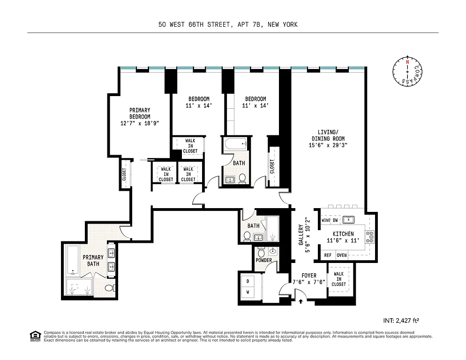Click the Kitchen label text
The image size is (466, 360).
point(343,234)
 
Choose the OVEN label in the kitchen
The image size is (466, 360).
point(342,255)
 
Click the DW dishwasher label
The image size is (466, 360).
point(336,220)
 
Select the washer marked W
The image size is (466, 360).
point(248,292)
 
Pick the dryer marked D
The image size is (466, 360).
point(248,281)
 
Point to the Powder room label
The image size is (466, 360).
point(264,261)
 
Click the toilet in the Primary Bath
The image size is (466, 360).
point(109,288)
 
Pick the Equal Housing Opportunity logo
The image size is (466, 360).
point(34,336)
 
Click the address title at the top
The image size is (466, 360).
point(228,24)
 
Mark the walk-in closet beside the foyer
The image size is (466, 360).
point(338,280)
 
